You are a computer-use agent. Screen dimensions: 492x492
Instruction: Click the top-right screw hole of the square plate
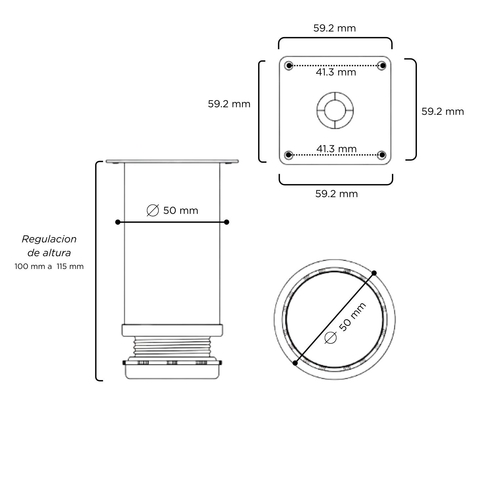[x=382, y=65]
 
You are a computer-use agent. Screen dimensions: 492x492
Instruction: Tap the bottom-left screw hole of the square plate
[x=288, y=155]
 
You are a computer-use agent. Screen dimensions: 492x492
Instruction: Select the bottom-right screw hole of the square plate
[x=382, y=155]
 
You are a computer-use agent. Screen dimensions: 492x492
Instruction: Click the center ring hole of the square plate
[x=335, y=110]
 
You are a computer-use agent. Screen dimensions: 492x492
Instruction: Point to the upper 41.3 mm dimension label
[x=336, y=72]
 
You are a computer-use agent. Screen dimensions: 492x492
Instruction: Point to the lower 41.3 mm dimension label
[x=336, y=149]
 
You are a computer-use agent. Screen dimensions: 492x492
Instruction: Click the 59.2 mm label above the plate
[x=335, y=28]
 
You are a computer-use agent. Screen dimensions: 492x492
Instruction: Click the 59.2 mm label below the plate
[x=337, y=194]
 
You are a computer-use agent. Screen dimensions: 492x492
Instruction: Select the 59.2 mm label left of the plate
[x=229, y=104]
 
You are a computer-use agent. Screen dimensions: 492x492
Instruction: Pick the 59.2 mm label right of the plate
[x=442, y=112]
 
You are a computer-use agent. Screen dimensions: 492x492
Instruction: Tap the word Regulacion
[x=49, y=239]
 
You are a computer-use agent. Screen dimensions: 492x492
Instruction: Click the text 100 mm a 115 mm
[x=49, y=266]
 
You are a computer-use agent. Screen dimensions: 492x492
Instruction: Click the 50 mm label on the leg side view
[x=180, y=211]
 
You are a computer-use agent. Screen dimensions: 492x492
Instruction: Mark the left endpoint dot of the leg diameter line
[x=118, y=222]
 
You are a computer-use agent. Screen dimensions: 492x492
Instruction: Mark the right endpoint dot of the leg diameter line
[x=226, y=222]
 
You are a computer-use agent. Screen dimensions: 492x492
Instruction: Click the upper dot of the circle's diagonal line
[x=374, y=273]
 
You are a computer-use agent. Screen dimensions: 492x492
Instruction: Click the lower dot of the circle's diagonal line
[x=295, y=363]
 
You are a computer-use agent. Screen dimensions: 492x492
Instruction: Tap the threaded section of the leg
[x=172, y=346]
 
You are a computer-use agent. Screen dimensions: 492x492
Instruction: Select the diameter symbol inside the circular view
[x=330, y=338]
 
